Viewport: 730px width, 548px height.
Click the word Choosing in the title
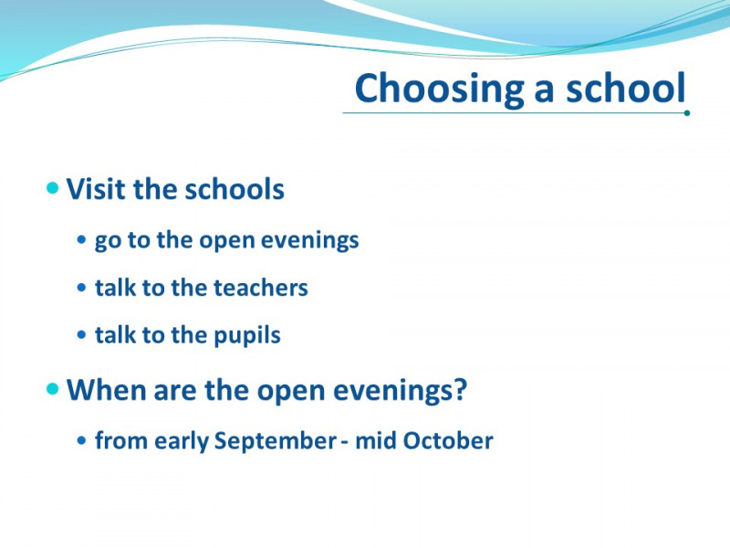coord(439,90)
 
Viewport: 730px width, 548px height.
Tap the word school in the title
coord(626,88)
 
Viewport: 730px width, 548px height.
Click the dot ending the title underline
coord(687,112)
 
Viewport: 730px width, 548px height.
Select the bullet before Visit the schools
coord(53,188)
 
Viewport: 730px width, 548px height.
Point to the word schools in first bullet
coord(235,189)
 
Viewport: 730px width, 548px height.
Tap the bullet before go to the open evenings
coord(82,240)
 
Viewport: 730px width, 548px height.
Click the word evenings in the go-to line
coord(309,241)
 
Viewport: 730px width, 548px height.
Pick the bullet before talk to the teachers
coord(82,288)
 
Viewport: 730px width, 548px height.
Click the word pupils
coord(246,335)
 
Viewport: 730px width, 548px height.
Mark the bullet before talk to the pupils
coord(82,334)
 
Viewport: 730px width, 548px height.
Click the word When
coord(107,390)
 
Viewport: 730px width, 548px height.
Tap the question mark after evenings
coord(461,389)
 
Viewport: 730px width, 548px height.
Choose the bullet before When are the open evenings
coord(53,389)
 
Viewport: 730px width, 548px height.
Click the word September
coord(276,441)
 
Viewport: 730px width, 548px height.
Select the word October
coord(447,440)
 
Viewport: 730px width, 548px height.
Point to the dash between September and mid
coord(345,442)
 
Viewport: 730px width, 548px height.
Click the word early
coord(182,441)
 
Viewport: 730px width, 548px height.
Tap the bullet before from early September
coord(82,440)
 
